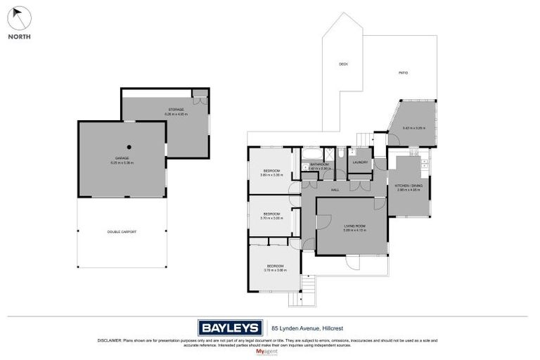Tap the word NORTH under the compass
coord(19,37)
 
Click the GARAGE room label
coord(122,158)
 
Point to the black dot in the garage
coord(130,147)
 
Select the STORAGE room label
coord(176,110)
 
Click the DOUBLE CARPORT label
coord(122,231)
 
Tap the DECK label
coord(343,64)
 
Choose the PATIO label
coord(403,72)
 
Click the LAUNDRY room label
coord(361,162)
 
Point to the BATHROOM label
coord(319,165)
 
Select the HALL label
coord(335,190)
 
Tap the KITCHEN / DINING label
coord(409,185)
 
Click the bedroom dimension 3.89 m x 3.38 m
coord(271,175)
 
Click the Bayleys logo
coord(229,327)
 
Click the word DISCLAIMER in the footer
coord(110,340)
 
